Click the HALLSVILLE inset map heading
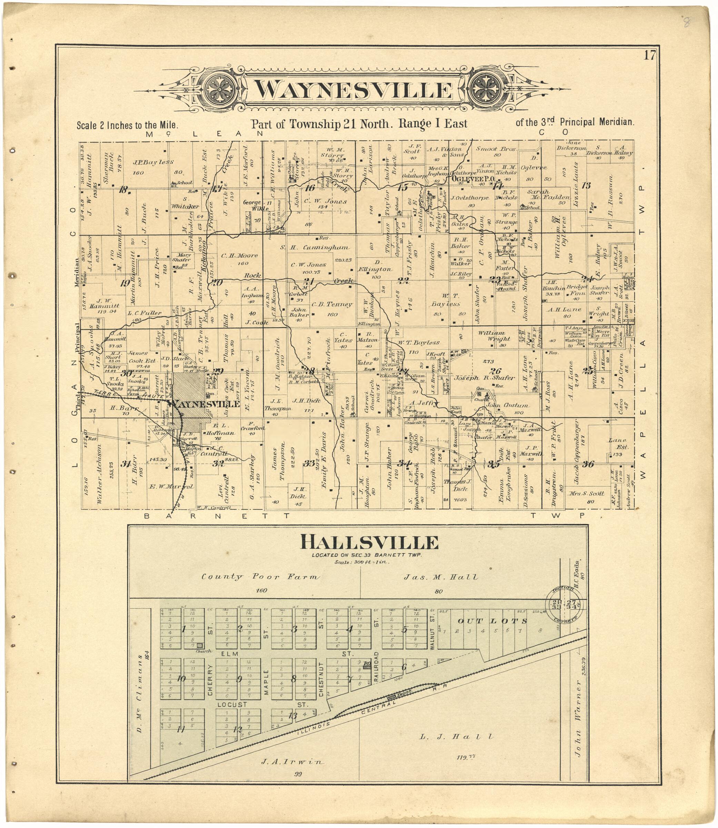tap(369, 543)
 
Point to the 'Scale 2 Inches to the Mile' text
tap(127, 126)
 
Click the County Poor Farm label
tap(260, 577)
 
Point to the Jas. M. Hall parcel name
tap(441, 577)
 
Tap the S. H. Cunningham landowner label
tap(315, 248)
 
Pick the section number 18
tap(123, 190)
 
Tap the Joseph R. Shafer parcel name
tap(484, 378)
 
